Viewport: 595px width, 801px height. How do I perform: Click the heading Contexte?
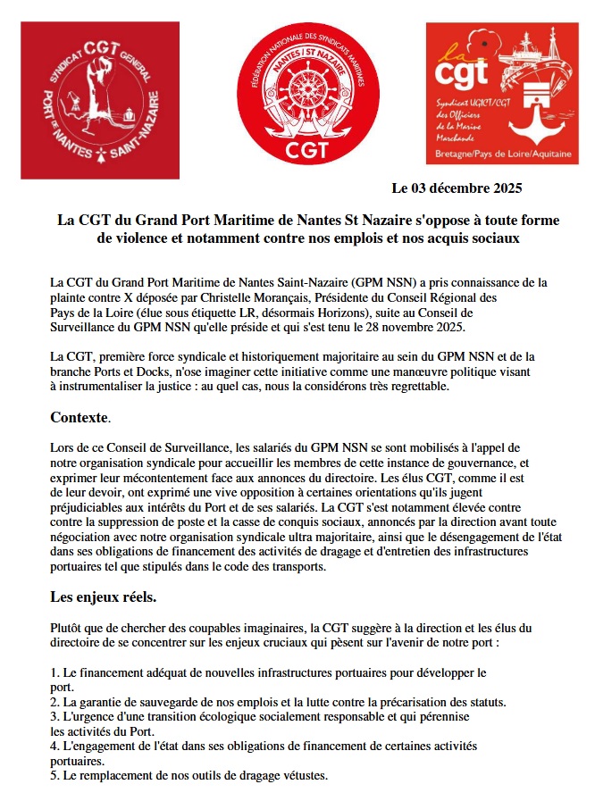[80, 416]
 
